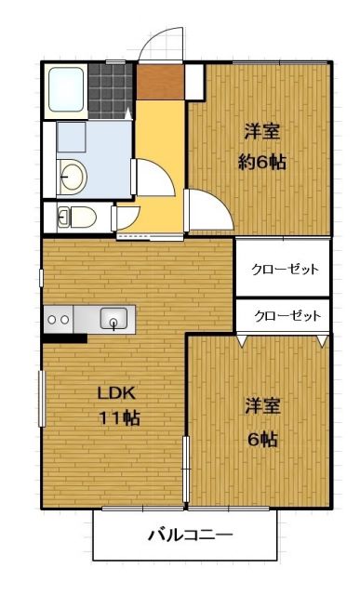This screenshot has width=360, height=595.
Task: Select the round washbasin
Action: point(71,174)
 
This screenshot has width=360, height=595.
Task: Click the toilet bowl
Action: point(78,218)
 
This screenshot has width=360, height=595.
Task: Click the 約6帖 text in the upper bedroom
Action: point(262,162)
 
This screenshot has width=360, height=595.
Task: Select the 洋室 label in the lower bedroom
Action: point(263,406)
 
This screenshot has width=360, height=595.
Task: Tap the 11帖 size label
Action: point(119,418)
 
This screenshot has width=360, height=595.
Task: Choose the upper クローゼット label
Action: point(286,269)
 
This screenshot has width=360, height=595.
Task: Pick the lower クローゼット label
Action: point(287,316)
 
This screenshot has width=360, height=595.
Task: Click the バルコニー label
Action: point(190,535)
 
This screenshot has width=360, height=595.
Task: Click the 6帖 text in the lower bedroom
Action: point(262,440)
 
